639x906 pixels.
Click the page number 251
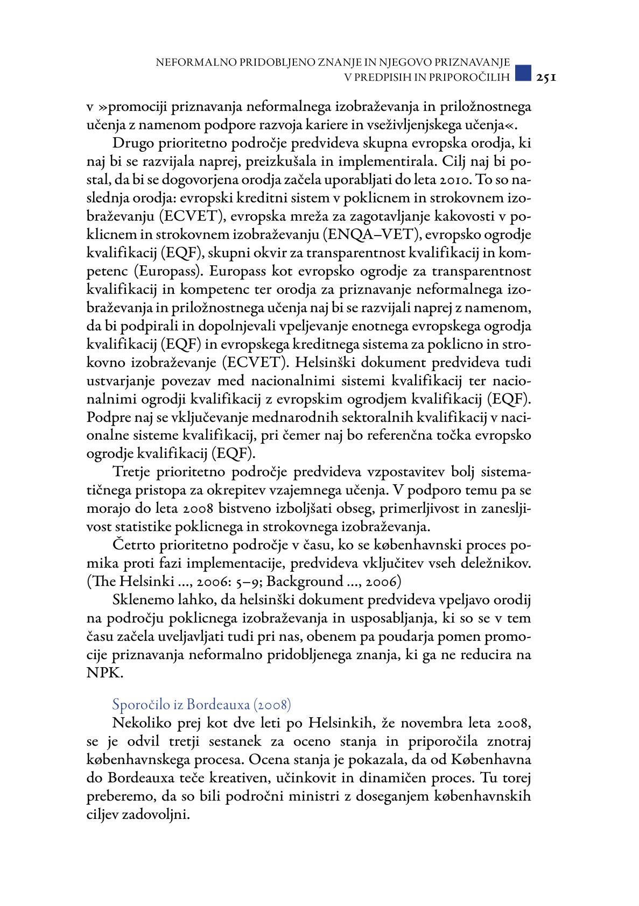pos(546,77)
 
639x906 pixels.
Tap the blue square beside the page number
pos(523,73)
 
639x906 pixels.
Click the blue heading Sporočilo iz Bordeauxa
pos(201,705)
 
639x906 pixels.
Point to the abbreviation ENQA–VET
pos(371,235)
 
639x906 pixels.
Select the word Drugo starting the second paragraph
pos(133,144)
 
